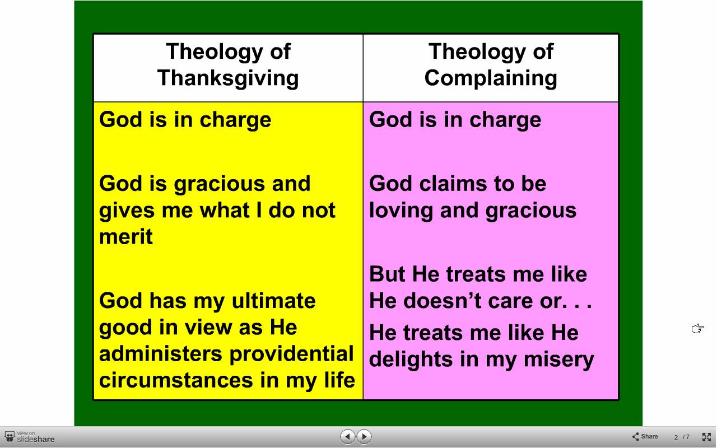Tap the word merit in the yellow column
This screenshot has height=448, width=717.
coord(126,236)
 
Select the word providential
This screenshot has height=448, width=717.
coord(291,354)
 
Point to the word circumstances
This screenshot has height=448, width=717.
coord(176,380)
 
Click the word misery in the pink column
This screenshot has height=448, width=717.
coord(558,360)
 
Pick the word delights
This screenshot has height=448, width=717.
coord(411,360)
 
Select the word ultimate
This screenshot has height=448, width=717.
coord(274,301)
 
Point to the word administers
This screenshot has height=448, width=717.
coord(161,353)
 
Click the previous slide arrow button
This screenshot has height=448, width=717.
coord(348,436)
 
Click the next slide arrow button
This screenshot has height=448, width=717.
coord(364,436)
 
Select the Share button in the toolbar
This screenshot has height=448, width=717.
coord(645,436)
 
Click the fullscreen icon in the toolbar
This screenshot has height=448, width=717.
coord(706,437)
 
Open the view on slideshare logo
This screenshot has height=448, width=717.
coord(30,437)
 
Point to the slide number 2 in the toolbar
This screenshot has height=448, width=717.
coord(676,437)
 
